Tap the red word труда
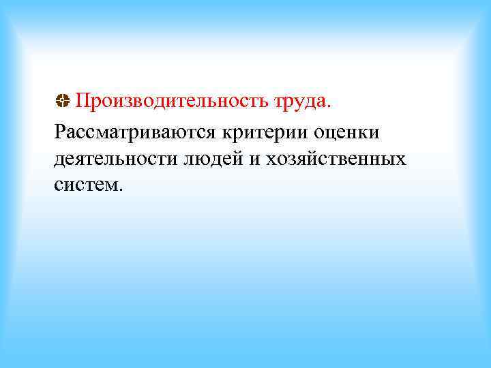[301, 103]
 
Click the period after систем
[121, 191]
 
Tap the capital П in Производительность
[82, 102]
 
